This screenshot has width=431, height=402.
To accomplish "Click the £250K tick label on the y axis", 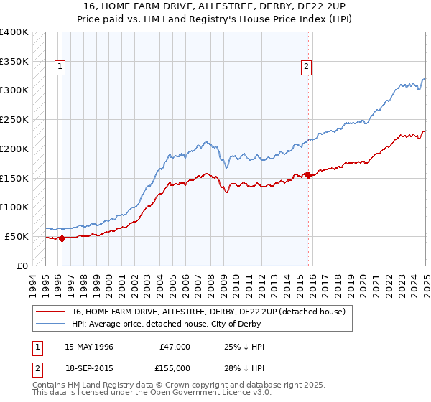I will [x=14, y=120].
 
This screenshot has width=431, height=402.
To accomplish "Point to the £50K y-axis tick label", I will [x=17, y=236].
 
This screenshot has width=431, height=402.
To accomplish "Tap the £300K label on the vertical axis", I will [x=14, y=90].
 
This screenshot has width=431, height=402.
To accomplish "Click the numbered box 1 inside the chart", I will [x=59, y=67].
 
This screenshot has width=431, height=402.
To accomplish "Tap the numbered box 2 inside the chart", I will [x=306, y=67].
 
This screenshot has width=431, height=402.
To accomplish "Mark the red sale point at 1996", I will [x=62, y=238].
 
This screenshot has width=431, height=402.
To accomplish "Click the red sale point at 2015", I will [x=308, y=175].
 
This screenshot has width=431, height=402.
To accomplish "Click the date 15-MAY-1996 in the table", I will [x=89, y=347].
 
